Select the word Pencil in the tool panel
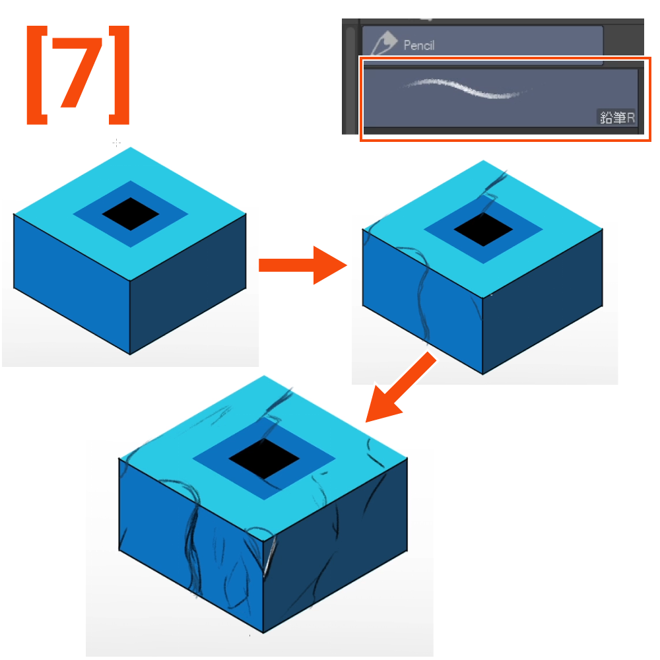pyautogui.click(x=419, y=46)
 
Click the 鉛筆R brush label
pyautogui.click(x=617, y=117)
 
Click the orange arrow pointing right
pyautogui.click(x=302, y=265)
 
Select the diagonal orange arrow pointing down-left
pyautogui.click(x=400, y=388)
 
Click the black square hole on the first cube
pyautogui.click(x=131, y=214)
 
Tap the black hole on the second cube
pyautogui.click(x=483, y=230)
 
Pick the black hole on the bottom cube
pyautogui.click(x=264, y=459)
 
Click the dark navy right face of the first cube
pyautogui.click(x=187, y=284)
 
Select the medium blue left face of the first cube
pyautogui.click(x=72, y=284)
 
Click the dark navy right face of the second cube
pyautogui.click(x=543, y=302)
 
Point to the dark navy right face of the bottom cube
pyautogui.click(x=335, y=546)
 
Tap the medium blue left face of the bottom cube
pyautogui.click(x=191, y=546)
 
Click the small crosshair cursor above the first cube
pyautogui.click(x=117, y=143)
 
